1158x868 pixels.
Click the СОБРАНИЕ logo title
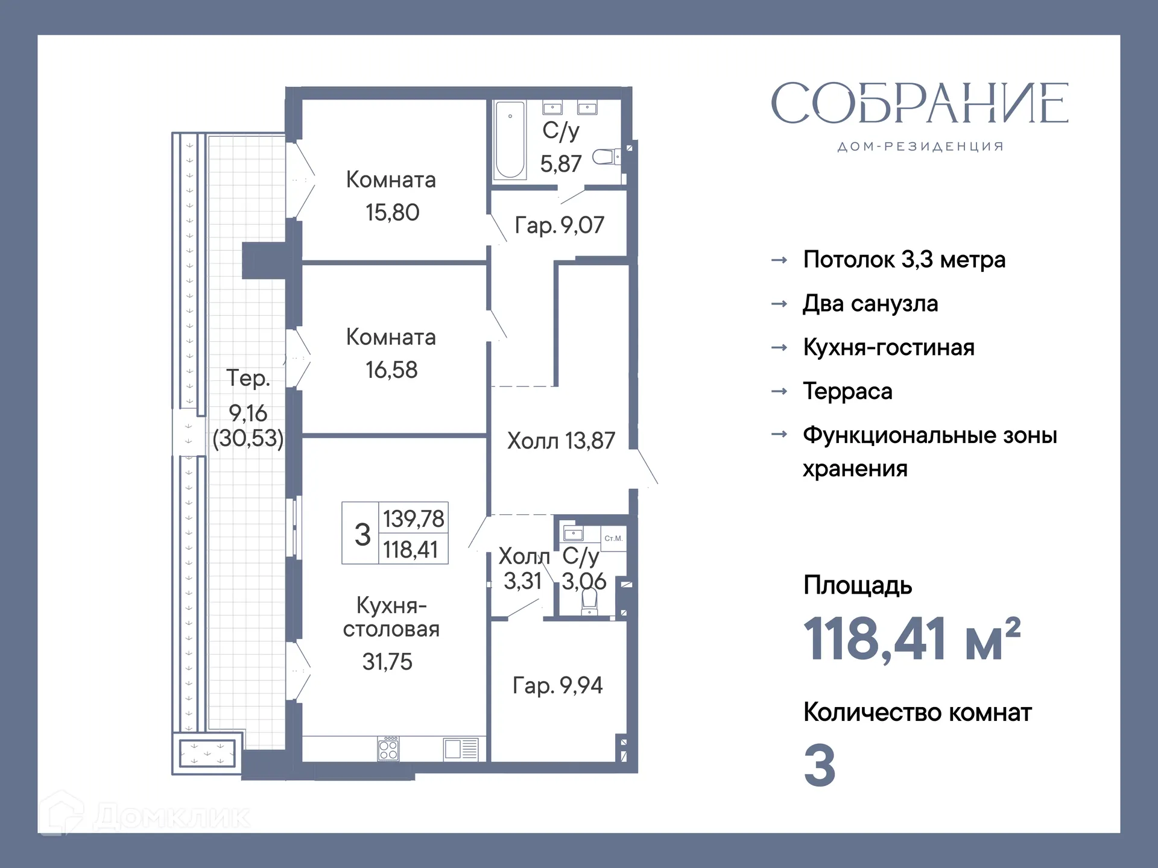coord(919,104)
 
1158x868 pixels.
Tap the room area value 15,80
coord(392,213)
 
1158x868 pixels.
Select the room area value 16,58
coord(391,370)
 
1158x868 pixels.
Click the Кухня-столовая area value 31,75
coord(387,662)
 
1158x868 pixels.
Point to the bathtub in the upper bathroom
coord(510,140)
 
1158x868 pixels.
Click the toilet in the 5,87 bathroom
coord(605,157)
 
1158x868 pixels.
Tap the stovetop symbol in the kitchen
coord(388,749)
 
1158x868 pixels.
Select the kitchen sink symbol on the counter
coord(461,749)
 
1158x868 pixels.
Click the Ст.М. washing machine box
coord(613,538)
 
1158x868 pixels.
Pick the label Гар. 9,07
coord(559,225)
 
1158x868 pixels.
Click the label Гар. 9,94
coord(557,685)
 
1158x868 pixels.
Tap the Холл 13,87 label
coord(561,441)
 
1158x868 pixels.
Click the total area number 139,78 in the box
coord(413,518)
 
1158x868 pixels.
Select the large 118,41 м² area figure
coord(911,639)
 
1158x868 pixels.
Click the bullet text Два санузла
coord(870,303)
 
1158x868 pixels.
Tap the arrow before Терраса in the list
coord(779,391)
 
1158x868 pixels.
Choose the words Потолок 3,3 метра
coord(904,260)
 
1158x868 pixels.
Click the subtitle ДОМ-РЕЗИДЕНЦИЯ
coord(920,146)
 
